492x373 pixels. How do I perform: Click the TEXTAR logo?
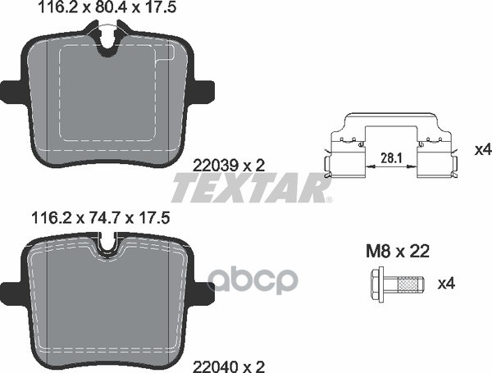[x=249, y=188]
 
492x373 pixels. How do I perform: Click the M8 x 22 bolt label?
[x=398, y=252]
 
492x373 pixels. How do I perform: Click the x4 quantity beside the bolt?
[x=447, y=284]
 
